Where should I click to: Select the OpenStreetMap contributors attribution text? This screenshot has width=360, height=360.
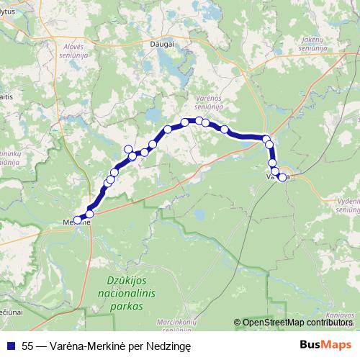coord(295,323)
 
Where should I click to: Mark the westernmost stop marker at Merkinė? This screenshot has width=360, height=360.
coord(78,220)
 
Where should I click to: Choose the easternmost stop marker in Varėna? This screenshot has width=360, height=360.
coord(282,177)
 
